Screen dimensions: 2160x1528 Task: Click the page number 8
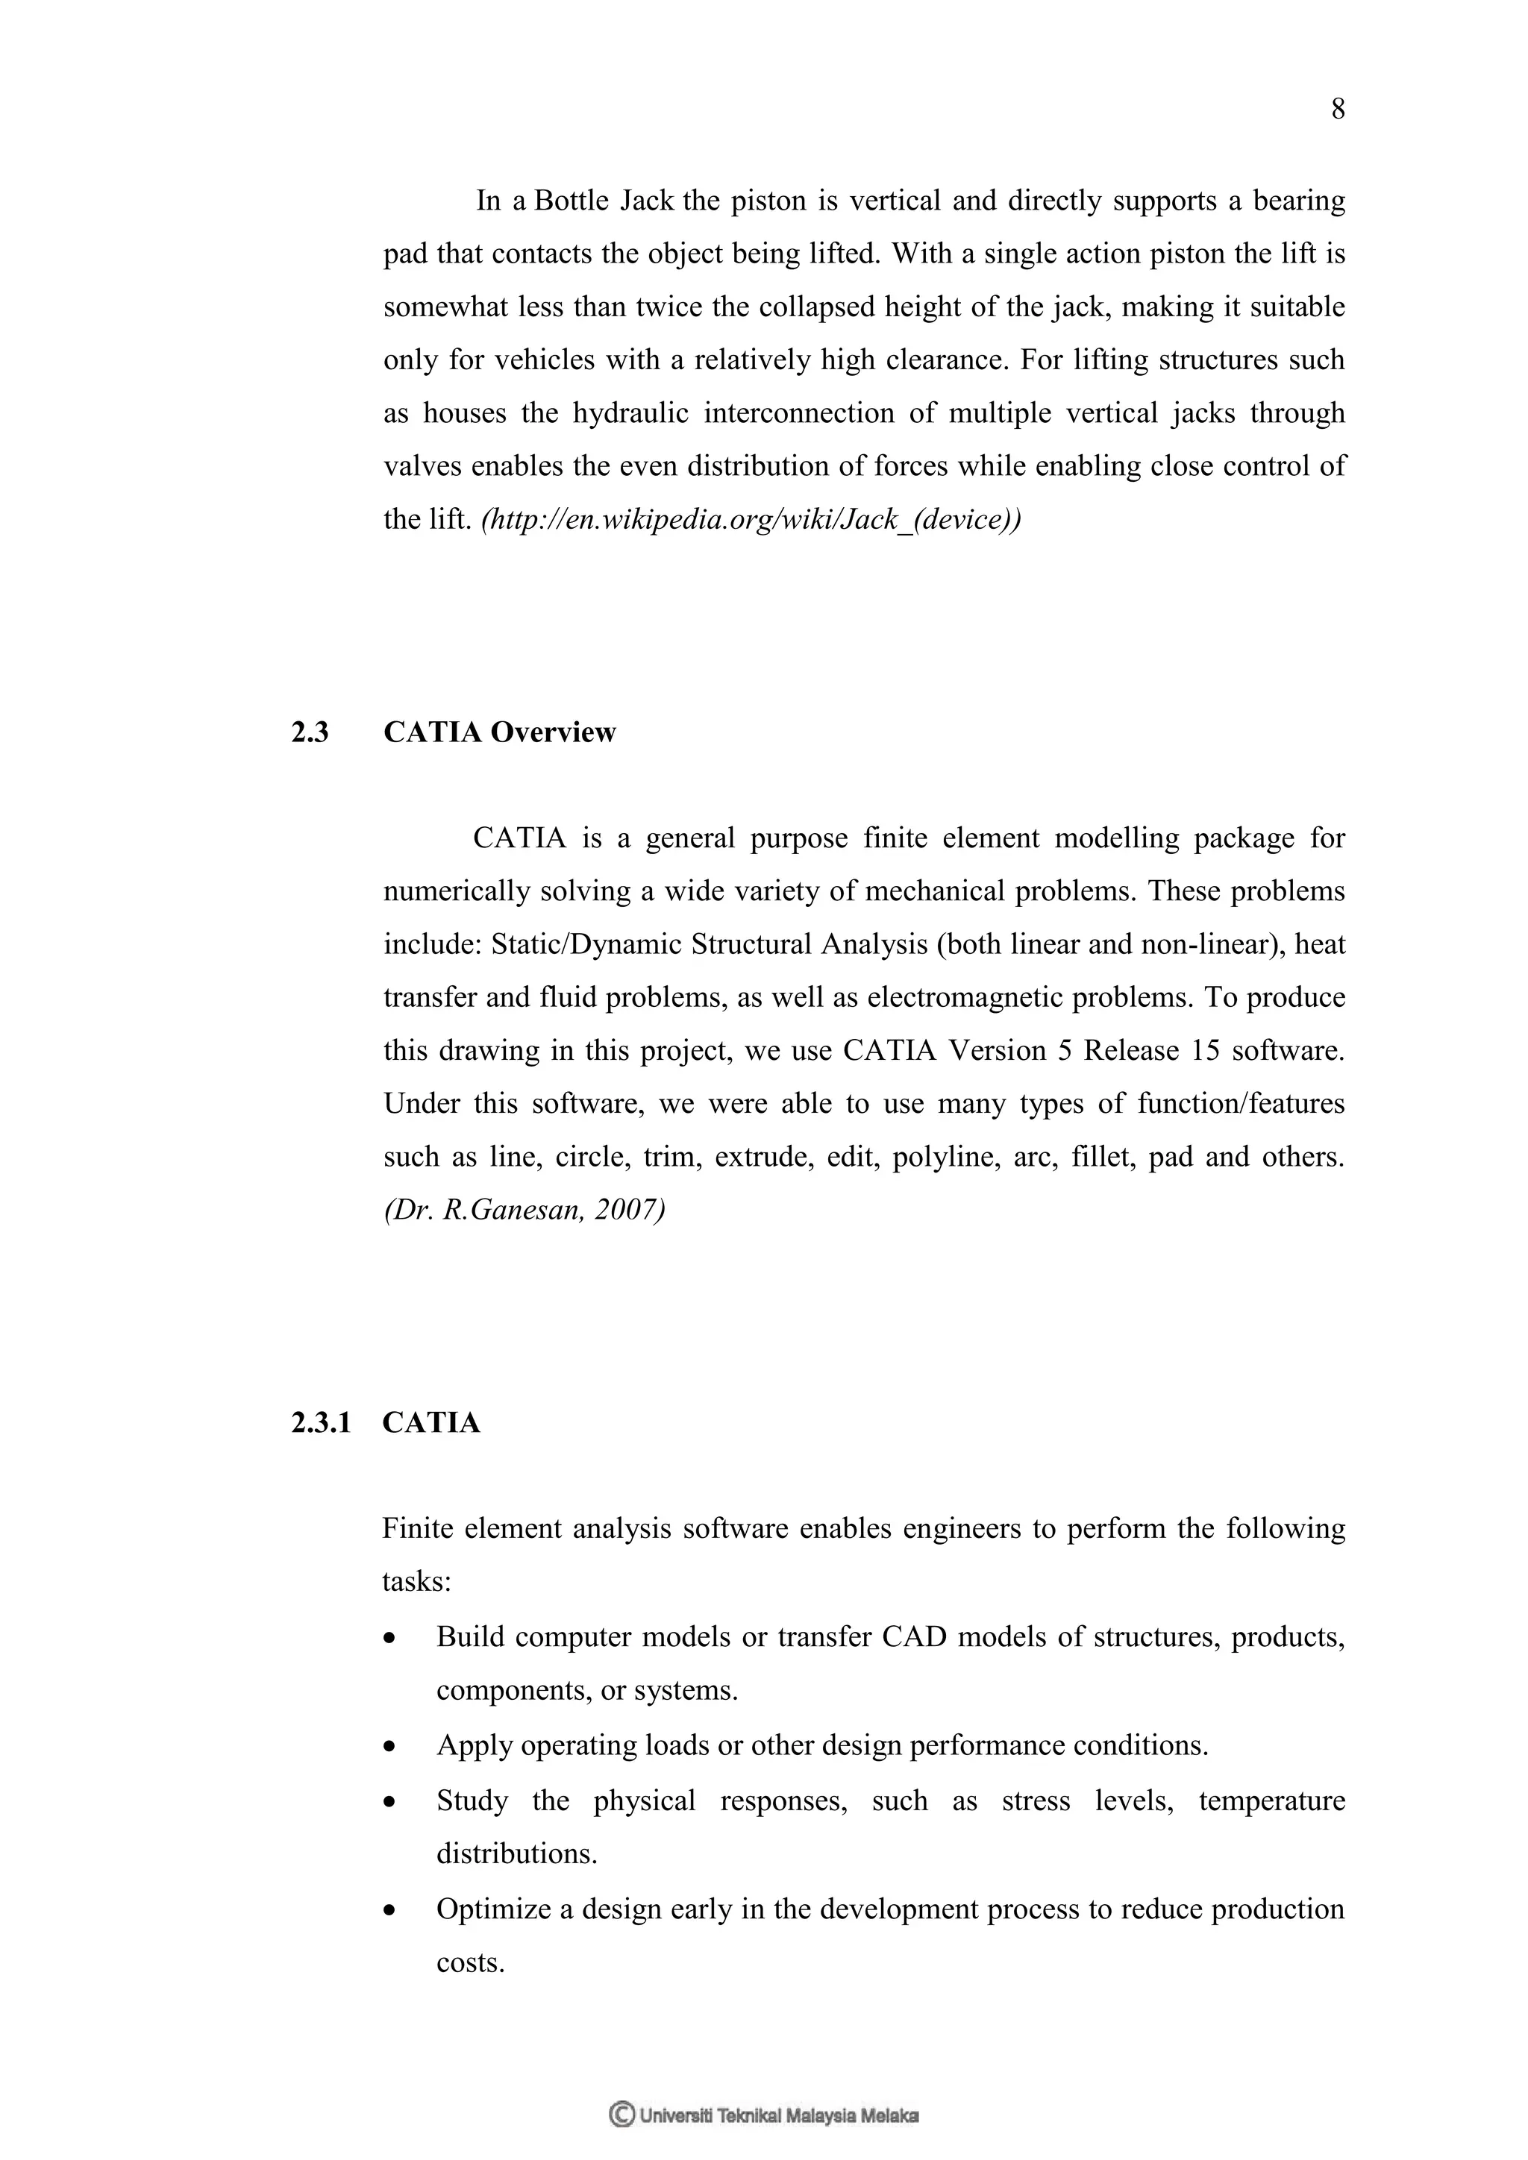(x=1337, y=111)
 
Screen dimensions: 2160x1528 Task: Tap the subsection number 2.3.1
(x=320, y=1423)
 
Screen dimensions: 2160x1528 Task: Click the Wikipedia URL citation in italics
(x=750, y=519)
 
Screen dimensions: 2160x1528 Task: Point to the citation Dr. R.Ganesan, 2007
(x=524, y=1210)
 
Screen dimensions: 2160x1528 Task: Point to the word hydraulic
(x=630, y=414)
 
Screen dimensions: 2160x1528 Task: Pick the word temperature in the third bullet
(x=1271, y=1801)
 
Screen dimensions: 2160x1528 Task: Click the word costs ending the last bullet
(x=471, y=1963)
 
